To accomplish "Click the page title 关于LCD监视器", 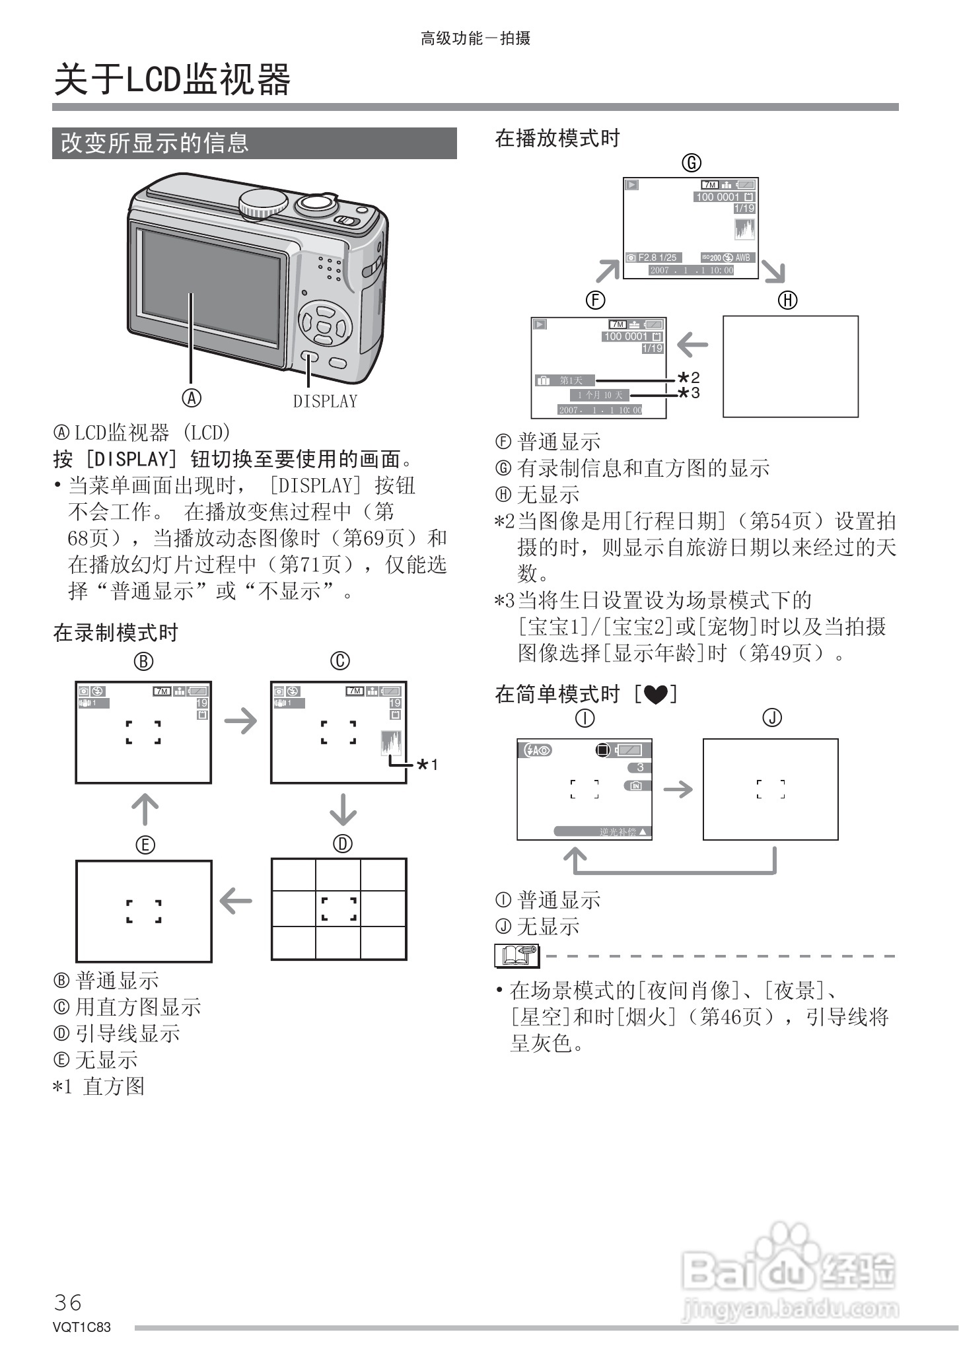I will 172,80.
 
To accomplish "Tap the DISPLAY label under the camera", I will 325,401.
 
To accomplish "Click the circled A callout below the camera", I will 192,398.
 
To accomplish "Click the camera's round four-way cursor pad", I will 324,323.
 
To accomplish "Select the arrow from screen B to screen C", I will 240,720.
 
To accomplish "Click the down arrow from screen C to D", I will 342,810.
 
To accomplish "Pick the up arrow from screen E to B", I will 145,810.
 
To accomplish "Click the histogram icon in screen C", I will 391,743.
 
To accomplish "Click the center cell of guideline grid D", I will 338,909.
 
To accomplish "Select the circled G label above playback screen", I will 691,162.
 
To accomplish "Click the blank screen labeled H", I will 790,367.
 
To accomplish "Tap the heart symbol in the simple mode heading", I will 655,695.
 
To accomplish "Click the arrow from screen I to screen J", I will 678,789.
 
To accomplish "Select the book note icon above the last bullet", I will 516,956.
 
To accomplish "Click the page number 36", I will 68,1303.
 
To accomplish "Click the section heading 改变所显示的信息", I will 155,143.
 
